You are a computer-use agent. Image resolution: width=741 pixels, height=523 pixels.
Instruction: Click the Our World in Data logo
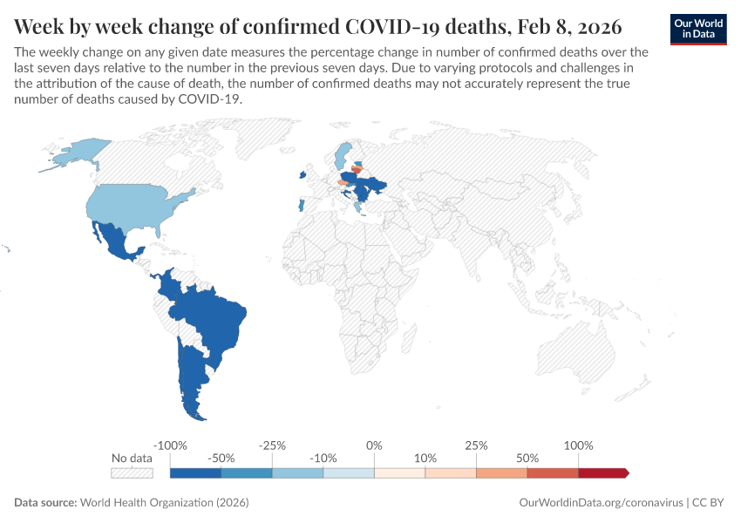pos(698,29)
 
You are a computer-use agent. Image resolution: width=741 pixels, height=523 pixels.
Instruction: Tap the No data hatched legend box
pos(132,473)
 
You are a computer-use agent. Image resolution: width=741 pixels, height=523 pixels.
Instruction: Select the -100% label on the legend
pos(170,445)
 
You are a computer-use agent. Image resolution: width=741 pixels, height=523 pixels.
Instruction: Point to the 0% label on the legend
pos(374,445)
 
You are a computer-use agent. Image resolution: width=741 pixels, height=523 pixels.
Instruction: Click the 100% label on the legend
pos(578,445)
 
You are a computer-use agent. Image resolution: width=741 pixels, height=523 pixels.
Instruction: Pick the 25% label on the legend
pos(476,445)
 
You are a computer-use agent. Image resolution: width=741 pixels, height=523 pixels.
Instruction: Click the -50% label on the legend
pos(221,458)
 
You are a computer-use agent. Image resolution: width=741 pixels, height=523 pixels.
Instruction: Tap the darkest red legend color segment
pos(602,473)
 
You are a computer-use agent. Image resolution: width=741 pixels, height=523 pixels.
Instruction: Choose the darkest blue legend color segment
pos(195,473)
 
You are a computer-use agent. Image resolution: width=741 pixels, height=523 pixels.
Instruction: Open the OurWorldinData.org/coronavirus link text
pos(601,503)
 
